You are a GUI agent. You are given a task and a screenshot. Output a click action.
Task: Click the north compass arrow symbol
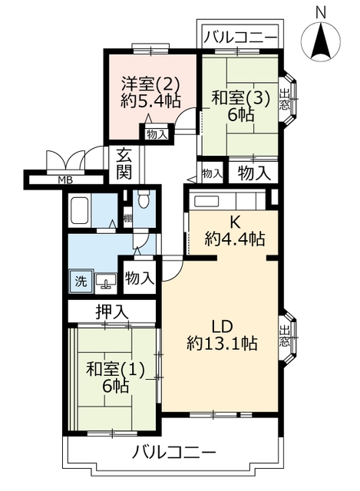321,41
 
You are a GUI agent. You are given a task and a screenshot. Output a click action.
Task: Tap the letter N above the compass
321,13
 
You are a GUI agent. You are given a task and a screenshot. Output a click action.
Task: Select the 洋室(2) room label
150,84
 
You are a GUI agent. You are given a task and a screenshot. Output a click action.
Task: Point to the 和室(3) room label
240,99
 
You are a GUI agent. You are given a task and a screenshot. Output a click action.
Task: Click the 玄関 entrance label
124,164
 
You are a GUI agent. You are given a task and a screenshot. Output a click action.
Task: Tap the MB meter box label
66,180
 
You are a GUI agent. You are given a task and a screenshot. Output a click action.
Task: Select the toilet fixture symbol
144,199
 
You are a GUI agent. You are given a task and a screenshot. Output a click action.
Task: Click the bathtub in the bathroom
80,210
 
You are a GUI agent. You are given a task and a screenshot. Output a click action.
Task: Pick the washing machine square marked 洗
81,282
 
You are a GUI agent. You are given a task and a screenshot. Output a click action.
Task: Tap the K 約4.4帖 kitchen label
235,231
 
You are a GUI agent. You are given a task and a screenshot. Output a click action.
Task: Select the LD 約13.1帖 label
223,335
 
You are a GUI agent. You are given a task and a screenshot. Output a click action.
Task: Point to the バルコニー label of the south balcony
174,452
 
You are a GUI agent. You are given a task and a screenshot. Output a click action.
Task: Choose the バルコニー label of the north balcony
240,38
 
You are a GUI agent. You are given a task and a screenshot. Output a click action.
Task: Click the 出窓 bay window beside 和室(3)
289,100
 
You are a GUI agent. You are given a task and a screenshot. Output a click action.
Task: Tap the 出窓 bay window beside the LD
289,336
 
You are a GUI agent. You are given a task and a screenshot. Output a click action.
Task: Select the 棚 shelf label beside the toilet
127,218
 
